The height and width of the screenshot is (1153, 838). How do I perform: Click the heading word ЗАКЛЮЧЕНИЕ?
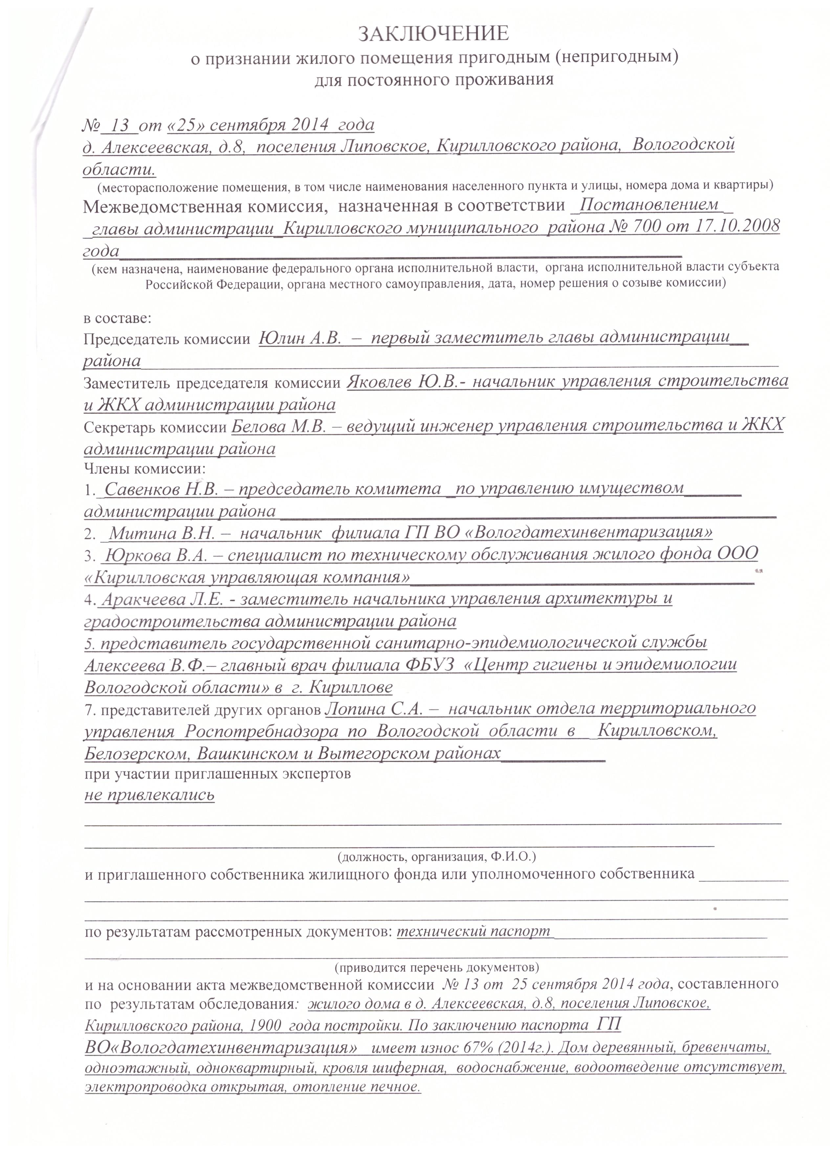coord(433,34)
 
